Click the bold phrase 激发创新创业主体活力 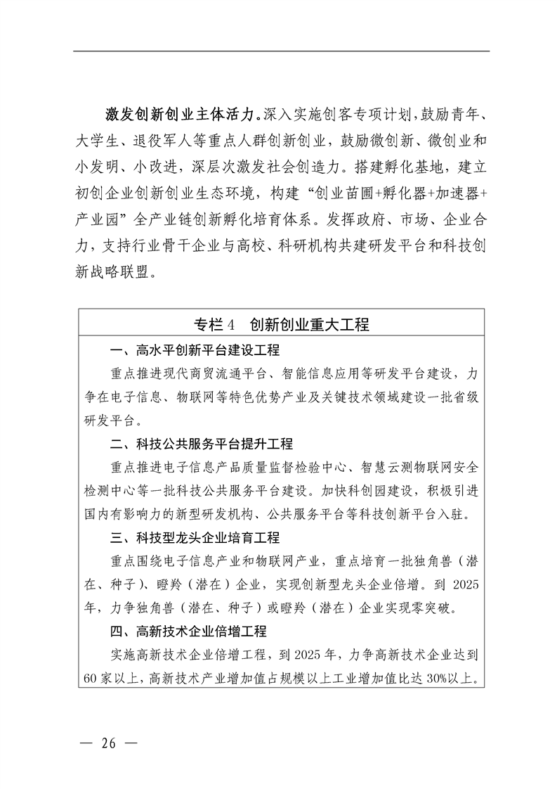click(x=178, y=113)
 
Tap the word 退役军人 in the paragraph click(x=178, y=140)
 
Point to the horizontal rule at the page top click(x=281, y=51)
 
